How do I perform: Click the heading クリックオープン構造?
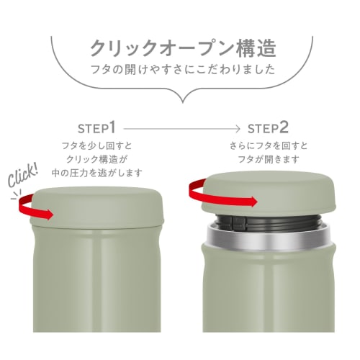(x=180, y=48)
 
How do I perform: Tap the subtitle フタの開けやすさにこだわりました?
(x=180, y=72)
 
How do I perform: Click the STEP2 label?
(x=268, y=128)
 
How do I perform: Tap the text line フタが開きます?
(x=267, y=159)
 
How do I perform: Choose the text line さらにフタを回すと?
(x=267, y=145)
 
